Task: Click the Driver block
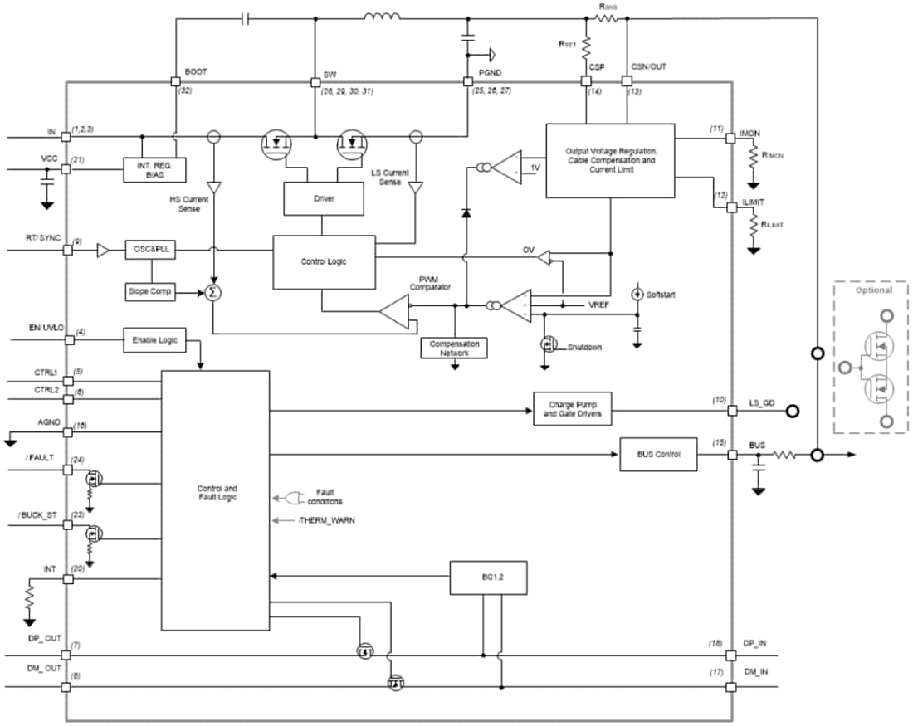tap(323, 198)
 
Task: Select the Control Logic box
tap(323, 261)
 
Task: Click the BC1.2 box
tap(488, 577)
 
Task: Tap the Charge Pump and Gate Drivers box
tap(573, 409)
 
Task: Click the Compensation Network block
tap(454, 348)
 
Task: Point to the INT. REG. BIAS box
tap(154, 169)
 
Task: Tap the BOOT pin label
tap(196, 72)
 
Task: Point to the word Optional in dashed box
tap(874, 290)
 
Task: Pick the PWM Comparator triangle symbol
tap(396, 314)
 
